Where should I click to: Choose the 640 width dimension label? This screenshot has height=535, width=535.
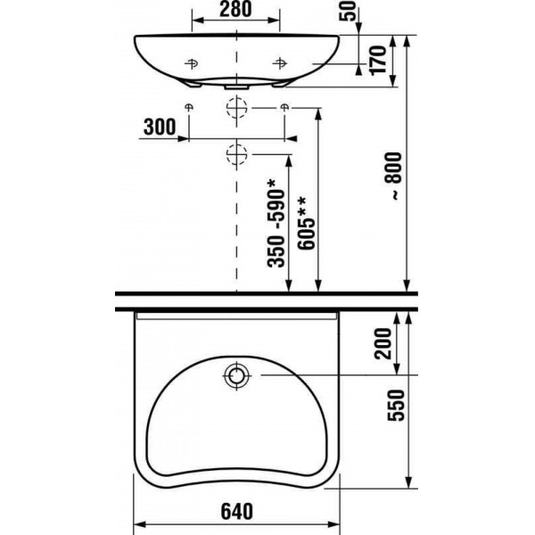click(x=236, y=512)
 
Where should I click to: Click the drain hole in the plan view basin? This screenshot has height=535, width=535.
click(x=237, y=376)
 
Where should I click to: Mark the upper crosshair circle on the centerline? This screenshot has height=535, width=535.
click(x=236, y=108)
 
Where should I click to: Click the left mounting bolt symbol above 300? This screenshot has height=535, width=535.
click(x=188, y=108)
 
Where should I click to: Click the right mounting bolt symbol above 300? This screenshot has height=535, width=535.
click(x=284, y=108)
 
